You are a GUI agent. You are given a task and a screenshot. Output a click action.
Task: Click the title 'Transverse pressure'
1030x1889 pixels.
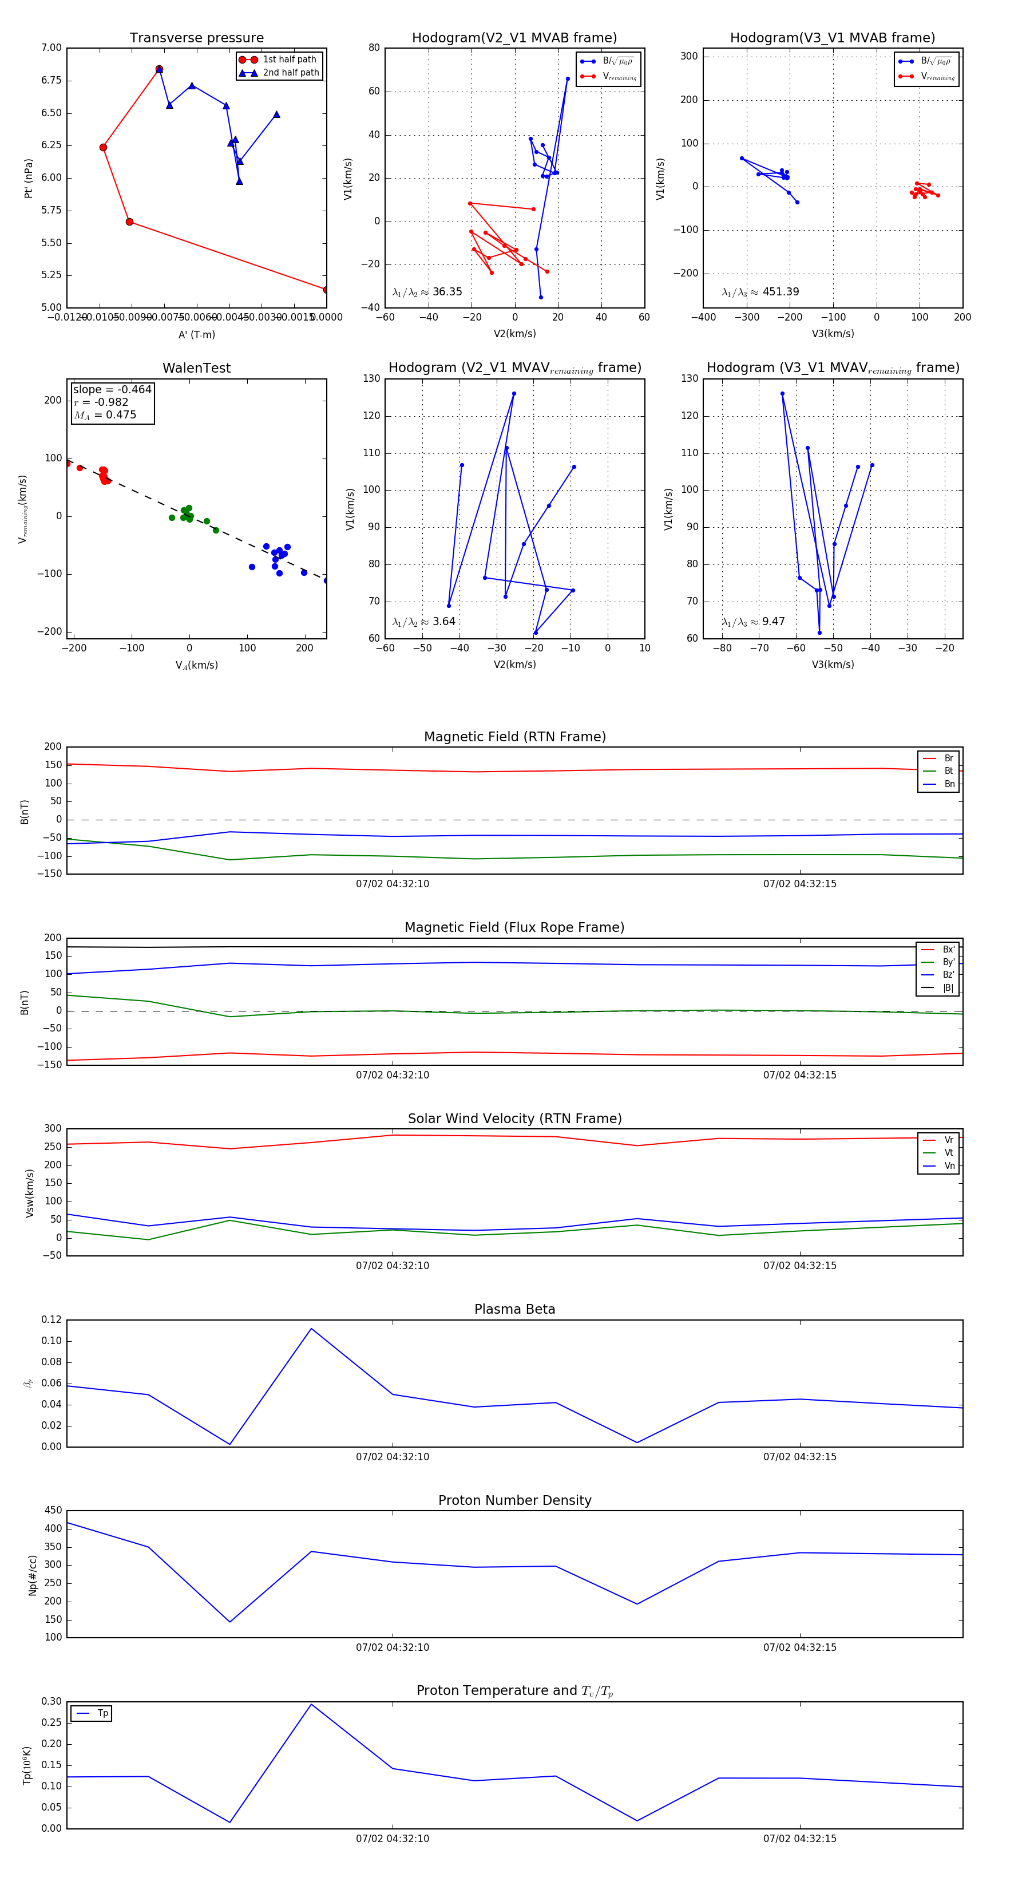[196, 38]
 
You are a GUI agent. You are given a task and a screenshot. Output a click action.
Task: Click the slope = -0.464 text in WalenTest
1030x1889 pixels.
[112, 389]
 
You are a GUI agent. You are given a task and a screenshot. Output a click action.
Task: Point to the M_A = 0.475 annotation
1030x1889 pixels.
[105, 415]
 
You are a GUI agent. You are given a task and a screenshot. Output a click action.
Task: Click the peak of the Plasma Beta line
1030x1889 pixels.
[311, 1329]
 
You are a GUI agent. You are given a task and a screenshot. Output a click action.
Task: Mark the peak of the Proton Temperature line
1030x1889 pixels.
[311, 1704]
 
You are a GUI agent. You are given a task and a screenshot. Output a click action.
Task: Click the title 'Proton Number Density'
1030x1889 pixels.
[514, 1500]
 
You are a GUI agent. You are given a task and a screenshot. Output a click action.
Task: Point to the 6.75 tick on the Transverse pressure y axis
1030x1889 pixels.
[51, 81]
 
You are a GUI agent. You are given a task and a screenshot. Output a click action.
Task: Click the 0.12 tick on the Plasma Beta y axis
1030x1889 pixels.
[51, 1319]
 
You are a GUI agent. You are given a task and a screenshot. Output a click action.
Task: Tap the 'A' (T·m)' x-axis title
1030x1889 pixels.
[196, 334]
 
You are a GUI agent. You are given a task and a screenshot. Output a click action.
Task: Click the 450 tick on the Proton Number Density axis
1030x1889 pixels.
[54, 1511]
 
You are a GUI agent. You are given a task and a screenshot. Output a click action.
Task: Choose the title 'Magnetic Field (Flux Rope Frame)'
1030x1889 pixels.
[514, 928]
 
